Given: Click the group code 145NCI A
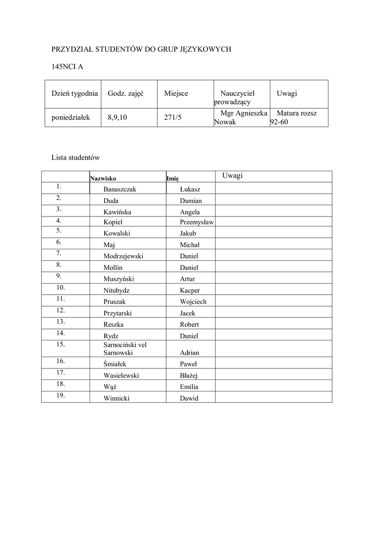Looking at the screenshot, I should [67, 66].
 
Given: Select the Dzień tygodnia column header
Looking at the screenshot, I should [74, 93].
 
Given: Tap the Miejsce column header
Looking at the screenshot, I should [176, 93].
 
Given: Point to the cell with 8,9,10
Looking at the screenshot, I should [117, 118].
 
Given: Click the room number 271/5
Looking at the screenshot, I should [172, 118].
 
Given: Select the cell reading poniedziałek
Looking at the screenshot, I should [71, 118].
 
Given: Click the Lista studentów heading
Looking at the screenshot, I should [76, 157].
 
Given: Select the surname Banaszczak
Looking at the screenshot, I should [120, 189].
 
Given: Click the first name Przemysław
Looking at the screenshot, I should [197, 222].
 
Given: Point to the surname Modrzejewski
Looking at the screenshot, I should [123, 256].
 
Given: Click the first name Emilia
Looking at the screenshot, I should [189, 387].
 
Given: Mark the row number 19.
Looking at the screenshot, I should [60, 396].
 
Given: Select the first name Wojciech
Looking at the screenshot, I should [193, 302].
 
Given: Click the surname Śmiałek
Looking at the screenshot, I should [115, 364].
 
